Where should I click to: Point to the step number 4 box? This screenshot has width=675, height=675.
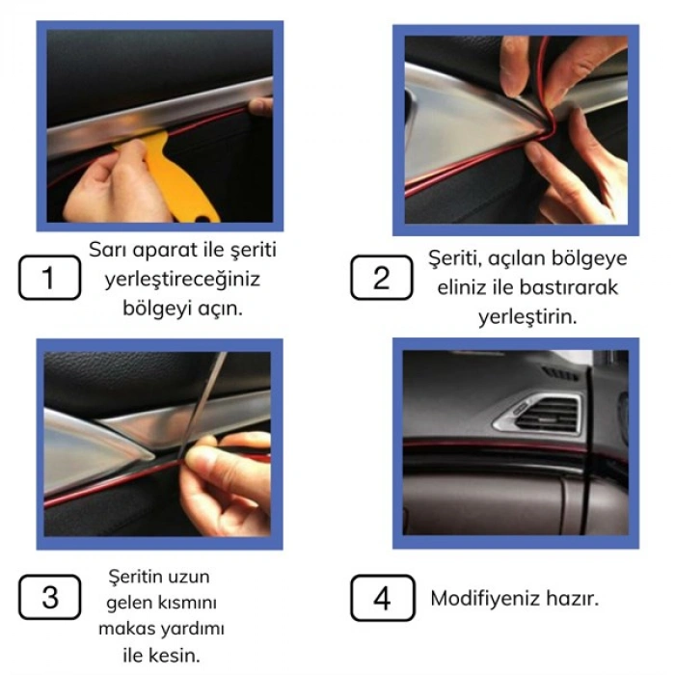pos(382,598)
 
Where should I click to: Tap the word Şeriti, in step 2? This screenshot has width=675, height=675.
pos(457,258)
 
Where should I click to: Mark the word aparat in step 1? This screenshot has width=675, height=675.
pos(174,250)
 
